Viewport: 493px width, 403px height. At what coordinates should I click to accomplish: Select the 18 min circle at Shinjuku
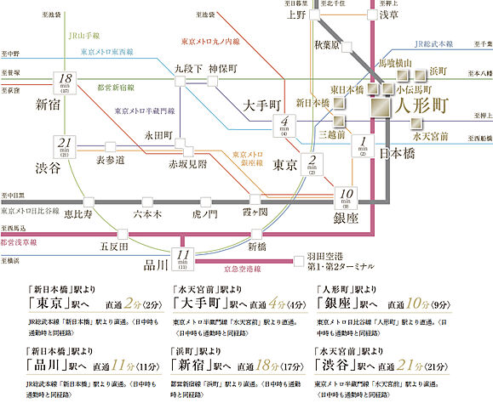(65, 82)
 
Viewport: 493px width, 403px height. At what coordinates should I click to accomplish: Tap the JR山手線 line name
(84, 38)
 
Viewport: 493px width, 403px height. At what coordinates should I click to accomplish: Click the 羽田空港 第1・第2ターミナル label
(335, 258)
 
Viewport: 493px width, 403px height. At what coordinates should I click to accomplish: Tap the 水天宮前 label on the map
(428, 134)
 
